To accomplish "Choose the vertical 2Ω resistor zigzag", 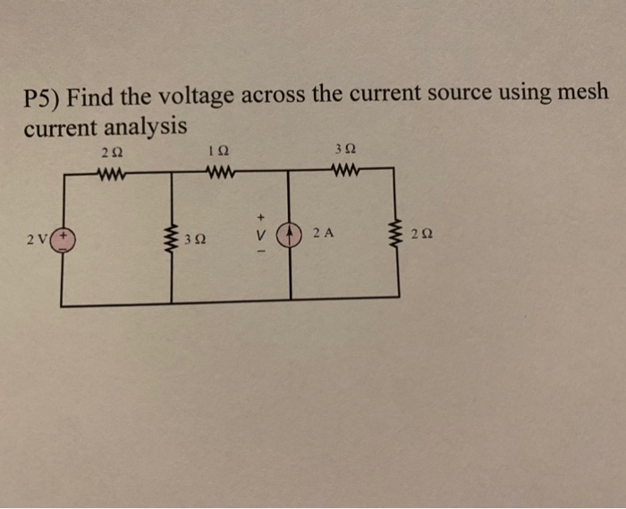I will coord(398,235).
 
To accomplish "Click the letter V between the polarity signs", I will coord(262,235).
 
